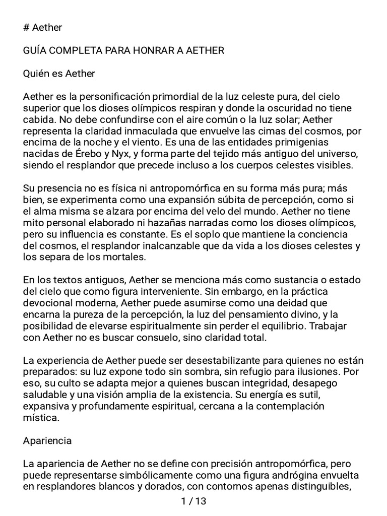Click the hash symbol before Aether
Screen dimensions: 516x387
point(27,27)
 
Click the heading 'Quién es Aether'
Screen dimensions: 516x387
point(59,74)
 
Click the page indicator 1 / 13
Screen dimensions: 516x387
point(193,501)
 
